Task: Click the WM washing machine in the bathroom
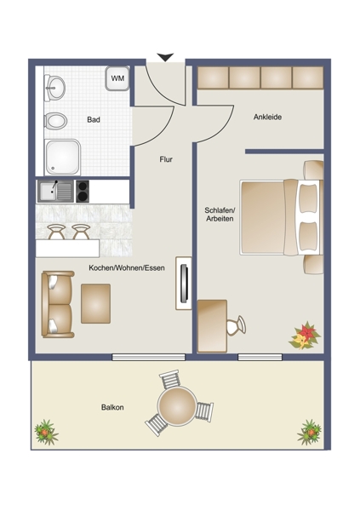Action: pyautogui.click(x=117, y=78)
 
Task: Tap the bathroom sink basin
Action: pyautogui.click(x=54, y=88)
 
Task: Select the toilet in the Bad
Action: pyautogui.click(x=55, y=121)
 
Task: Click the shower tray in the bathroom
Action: pyautogui.click(x=62, y=157)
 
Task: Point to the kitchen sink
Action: pyautogui.click(x=55, y=192)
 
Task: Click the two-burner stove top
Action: pyautogui.click(x=83, y=192)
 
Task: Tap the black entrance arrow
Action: pyautogui.click(x=165, y=57)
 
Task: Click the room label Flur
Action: pyautogui.click(x=166, y=159)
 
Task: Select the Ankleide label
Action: pyautogui.click(x=267, y=117)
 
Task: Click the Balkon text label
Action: pyautogui.click(x=112, y=407)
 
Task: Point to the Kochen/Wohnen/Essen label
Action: pyautogui.click(x=127, y=268)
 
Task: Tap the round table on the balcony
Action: pyautogui.click(x=177, y=405)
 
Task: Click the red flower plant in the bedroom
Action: pyautogui.click(x=305, y=336)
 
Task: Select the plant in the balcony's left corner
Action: pyautogui.click(x=46, y=433)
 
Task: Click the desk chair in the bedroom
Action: pyautogui.click(x=237, y=325)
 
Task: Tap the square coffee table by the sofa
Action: pyautogui.click(x=96, y=304)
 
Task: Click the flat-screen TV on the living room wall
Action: pyautogui.click(x=184, y=284)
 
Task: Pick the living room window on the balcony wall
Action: pyautogui.click(x=149, y=357)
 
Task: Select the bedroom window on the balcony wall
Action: pyautogui.click(x=260, y=357)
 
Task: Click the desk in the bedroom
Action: pyautogui.click(x=212, y=326)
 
